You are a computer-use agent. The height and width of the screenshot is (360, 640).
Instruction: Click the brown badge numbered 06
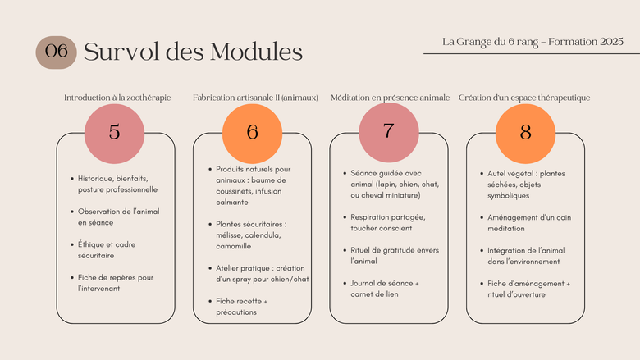click(x=56, y=52)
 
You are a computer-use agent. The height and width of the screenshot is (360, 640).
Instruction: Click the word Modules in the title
click(x=256, y=52)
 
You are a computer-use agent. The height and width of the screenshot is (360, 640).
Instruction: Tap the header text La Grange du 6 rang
click(x=490, y=42)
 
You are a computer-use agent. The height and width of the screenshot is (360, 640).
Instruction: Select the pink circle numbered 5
click(x=114, y=134)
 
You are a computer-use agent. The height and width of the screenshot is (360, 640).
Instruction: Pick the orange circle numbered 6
click(x=252, y=134)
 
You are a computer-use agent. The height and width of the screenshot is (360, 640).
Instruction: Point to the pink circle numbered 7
click(x=389, y=133)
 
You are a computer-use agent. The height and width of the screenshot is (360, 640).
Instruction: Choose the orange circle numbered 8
click(x=525, y=134)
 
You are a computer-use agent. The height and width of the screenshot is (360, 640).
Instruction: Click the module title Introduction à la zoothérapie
click(x=117, y=98)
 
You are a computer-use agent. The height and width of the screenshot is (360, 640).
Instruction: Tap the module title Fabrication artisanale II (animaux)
click(x=255, y=98)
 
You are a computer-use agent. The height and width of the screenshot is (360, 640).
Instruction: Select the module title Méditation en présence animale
click(x=391, y=98)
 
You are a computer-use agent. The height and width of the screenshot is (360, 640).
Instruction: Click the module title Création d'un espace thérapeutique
click(x=524, y=98)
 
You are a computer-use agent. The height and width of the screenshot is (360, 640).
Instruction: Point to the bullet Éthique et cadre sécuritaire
click(x=107, y=250)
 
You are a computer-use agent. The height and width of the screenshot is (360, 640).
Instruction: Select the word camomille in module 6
click(x=234, y=246)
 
